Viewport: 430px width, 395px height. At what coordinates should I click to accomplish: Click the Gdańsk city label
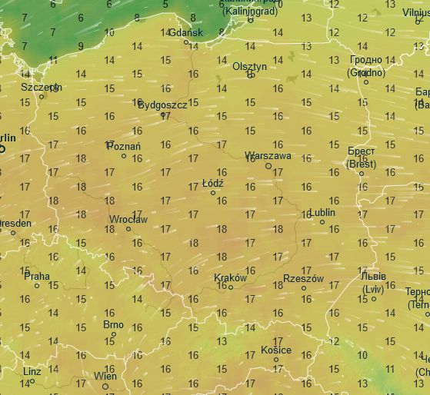tap(185, 32)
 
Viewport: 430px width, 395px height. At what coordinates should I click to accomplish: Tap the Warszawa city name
tap(267, 155)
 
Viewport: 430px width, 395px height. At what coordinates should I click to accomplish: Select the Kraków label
tap(230, 277)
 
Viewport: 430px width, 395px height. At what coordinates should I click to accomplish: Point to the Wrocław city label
tap(128, 219)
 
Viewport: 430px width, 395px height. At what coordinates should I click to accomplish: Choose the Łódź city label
tap(212, 184)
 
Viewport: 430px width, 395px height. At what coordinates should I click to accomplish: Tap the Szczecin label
tap(41, 87)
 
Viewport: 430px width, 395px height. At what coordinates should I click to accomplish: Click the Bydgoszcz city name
tap(162, 105)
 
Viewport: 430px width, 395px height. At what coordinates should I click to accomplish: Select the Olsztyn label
tap(250, 66)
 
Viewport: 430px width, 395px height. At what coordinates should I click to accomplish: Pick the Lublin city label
tap(322, 212)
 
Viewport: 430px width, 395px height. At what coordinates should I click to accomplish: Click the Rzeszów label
tap(303, 278)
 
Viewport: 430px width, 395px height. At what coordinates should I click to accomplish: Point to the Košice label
tap(276, 350)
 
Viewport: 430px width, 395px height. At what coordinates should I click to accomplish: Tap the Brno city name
tap(113, 324)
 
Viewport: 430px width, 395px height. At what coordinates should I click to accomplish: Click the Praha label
tap(36, 275)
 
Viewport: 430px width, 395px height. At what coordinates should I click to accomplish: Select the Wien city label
tap(105, 376)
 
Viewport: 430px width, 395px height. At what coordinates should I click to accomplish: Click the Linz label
tap(32, 371)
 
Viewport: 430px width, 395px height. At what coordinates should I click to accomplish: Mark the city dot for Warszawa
tap(268, 165)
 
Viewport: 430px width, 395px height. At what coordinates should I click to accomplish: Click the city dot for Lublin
tap(322, 222)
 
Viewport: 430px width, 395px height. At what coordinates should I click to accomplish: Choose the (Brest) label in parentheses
tap(361, 164)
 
